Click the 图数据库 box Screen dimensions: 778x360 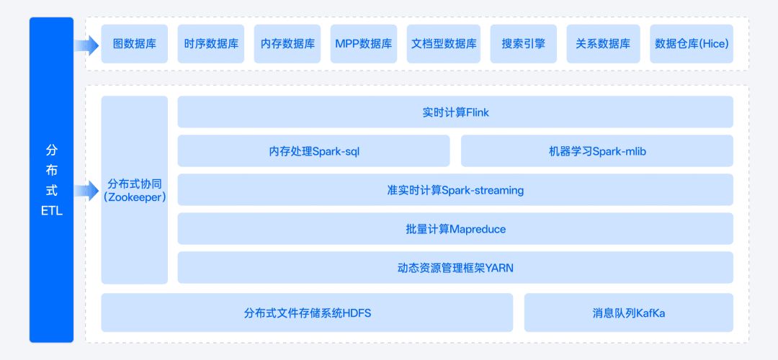(135, 44)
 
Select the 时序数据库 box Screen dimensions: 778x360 (211, 44)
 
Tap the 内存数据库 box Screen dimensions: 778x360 (287, 44)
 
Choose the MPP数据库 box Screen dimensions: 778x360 (364, 44)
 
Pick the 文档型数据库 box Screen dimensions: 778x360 (444, 44)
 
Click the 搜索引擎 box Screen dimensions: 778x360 (524, 44)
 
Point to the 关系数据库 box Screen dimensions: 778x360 (604, 44)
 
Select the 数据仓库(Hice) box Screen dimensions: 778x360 (692, 44)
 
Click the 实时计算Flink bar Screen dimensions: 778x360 (455, 112)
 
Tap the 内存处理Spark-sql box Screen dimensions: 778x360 (313, 150)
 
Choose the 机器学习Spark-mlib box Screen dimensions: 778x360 (597, 150)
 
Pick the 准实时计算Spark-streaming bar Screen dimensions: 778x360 (455, 189)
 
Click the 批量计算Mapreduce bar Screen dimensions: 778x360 (455, 228)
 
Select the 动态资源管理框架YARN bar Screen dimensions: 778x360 (455, 268)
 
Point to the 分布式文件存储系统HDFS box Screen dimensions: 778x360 (307, 312)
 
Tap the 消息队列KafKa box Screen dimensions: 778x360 (629, 312)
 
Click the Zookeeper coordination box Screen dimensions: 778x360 (135, 190)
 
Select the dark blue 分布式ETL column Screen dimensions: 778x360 (52, 180)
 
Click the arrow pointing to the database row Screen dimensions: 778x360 (87, 45)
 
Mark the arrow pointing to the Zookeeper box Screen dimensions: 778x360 (87, 190)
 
